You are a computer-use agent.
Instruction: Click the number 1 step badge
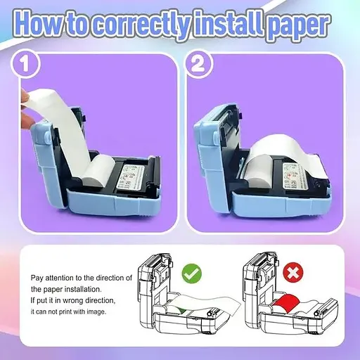25,64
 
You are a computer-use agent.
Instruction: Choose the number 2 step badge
199,64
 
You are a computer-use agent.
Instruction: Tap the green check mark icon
192,274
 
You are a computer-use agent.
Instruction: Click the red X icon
293,273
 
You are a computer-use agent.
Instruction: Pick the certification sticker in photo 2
293,176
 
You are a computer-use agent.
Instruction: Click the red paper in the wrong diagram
285,302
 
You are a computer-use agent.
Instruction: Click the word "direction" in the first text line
110,278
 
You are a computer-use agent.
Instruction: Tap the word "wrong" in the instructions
72,301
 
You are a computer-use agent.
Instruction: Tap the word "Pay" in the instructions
37,278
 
